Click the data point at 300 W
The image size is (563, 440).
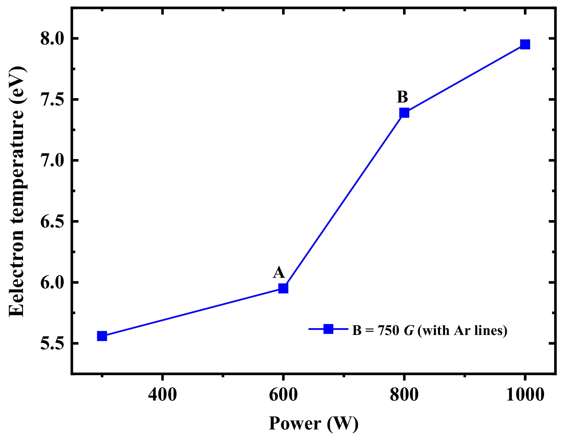pyautogui.click(x=102, y=336)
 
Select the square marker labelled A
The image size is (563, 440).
pyautogui.click(x=283, y=288)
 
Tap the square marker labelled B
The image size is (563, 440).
pyautogui.click(x=404, y=113)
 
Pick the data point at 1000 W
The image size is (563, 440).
pyautogui.click(x=525, y=44)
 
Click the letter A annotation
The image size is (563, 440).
pyautogui.click(x=279, y=273)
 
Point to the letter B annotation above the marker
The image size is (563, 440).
pyautogui.click(x=402, y=97)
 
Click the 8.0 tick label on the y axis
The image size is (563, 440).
pyautogui.click(x=52, y=39)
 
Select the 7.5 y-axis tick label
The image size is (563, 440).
pyautogui.click(x=52, y=99)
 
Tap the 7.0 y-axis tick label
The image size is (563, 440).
pyautogui.click(x=52, y=161)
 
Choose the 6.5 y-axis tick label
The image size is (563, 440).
pyautogui.click(x=52, y=222)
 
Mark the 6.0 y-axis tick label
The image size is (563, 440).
pyautogui.click(x=52, y=282)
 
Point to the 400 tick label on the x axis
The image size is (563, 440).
pyautogui.click(x=162, y=395)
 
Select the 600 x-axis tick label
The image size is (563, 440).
pyautogui.click(x=283, y=395)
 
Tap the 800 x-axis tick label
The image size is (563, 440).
pyautogui.click(x=404, y=395)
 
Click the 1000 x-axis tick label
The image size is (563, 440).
pyautogui.click(x=525, y=395)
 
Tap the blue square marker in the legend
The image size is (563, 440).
pyautogui.click(x=328, y=329)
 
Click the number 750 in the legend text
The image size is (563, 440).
pyautogui.click(x=388, y=330)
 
